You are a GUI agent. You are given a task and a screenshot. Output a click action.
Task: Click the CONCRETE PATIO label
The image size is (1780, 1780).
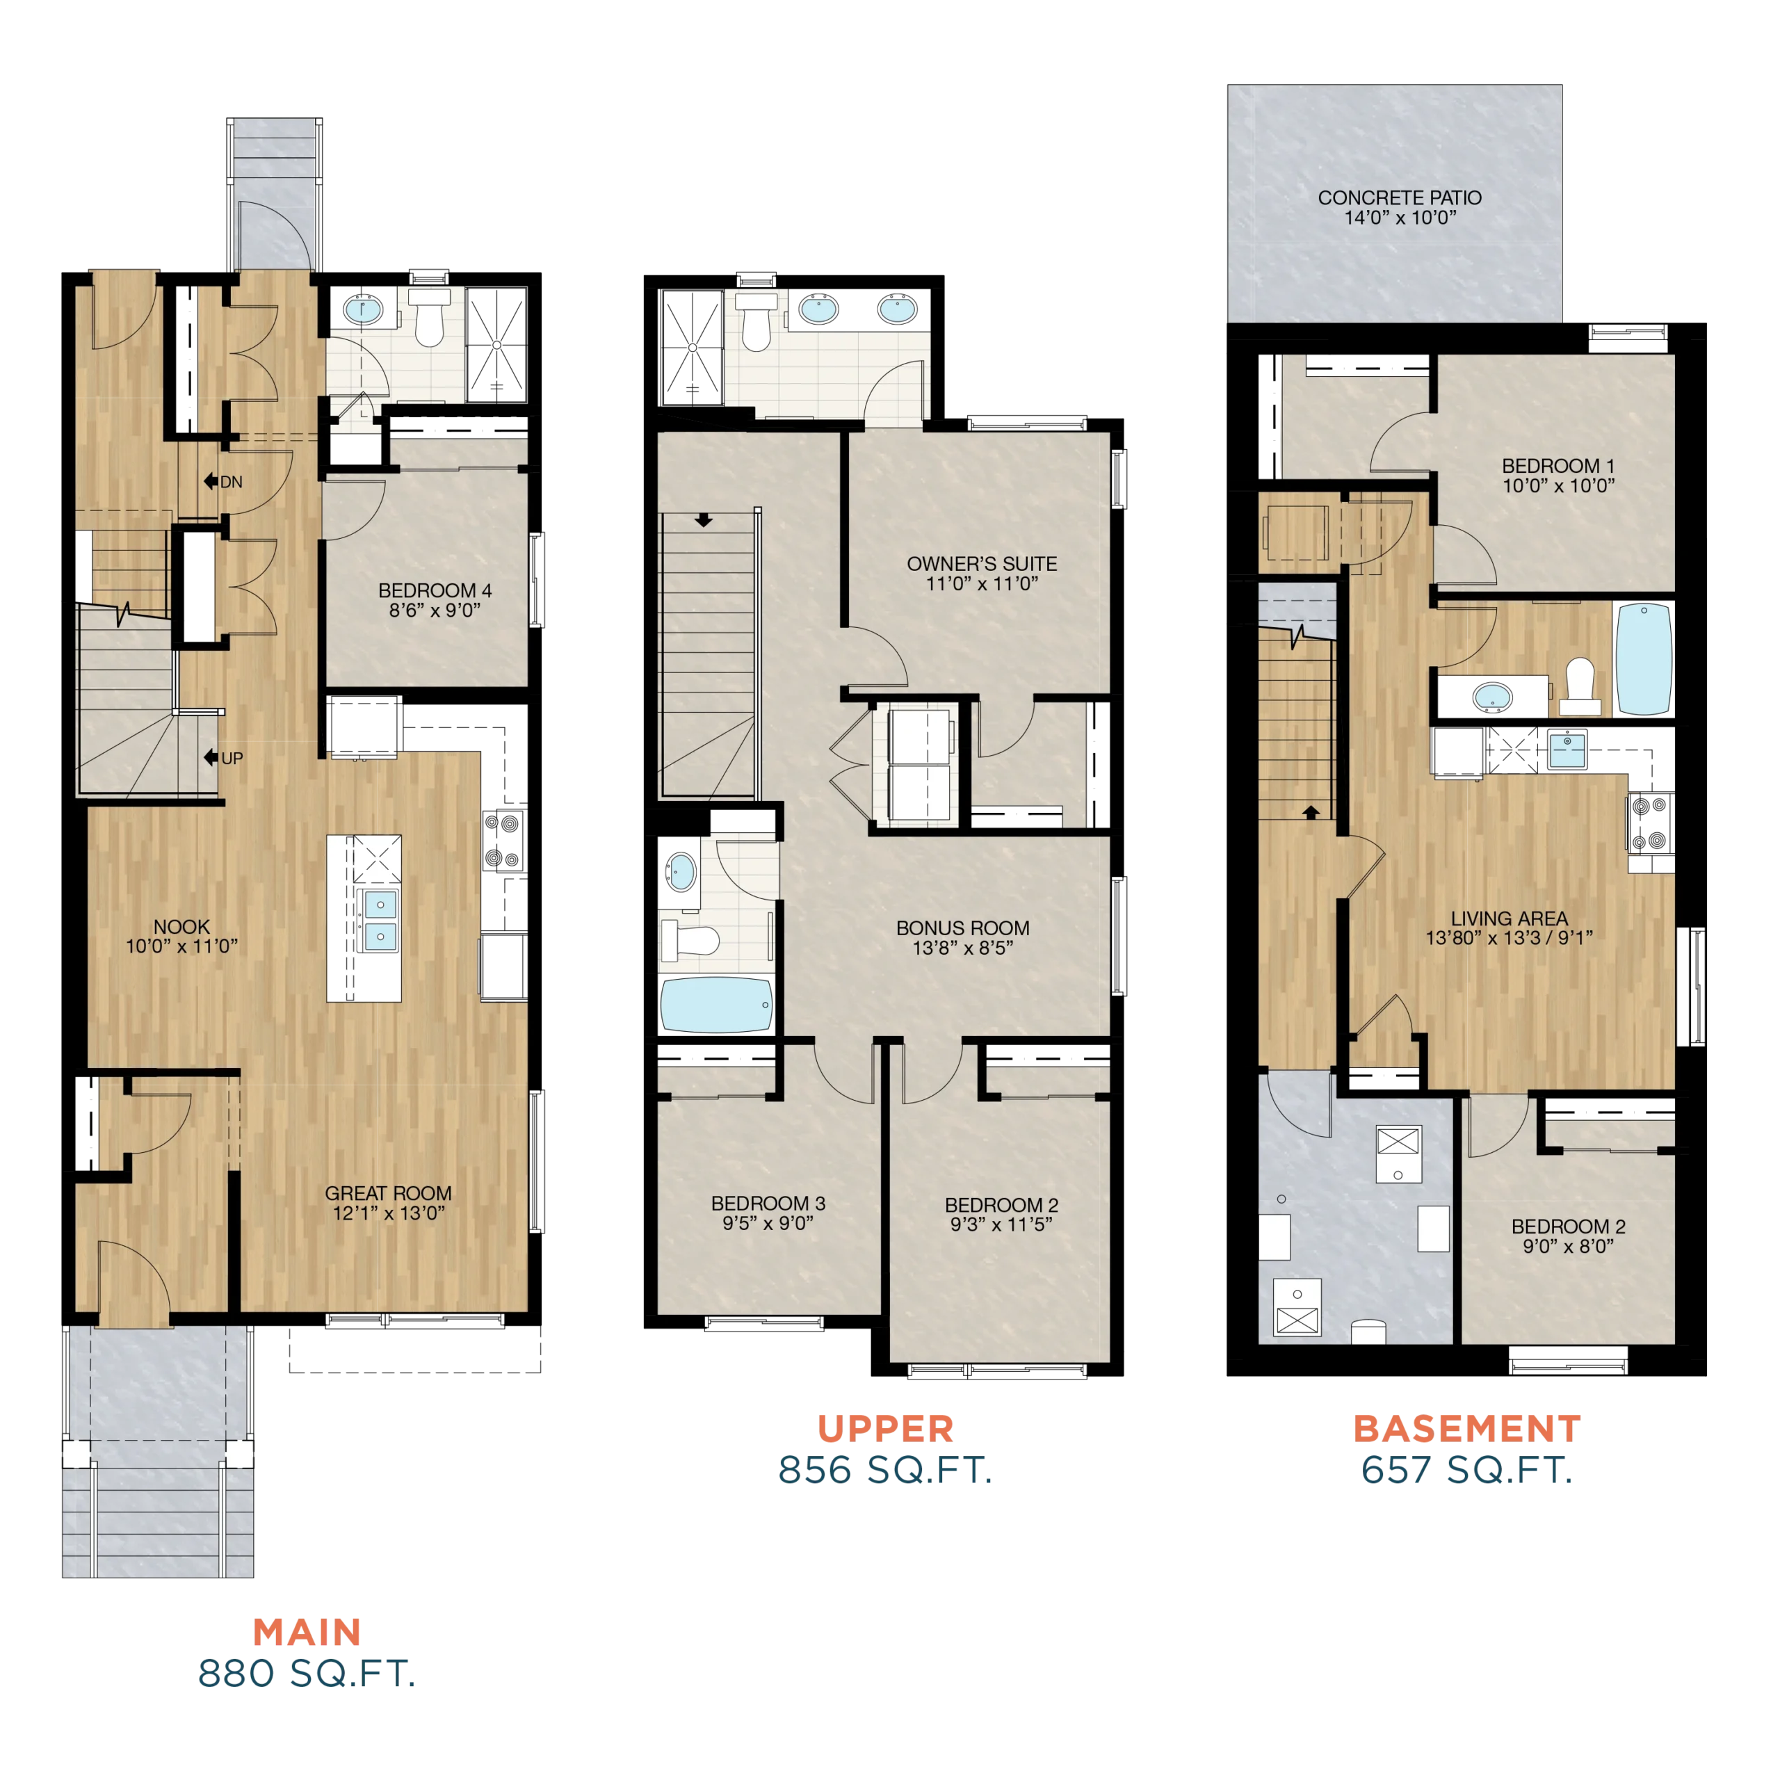coord(1400,198)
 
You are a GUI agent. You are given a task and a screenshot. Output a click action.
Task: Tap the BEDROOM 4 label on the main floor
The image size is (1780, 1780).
coord(435,590)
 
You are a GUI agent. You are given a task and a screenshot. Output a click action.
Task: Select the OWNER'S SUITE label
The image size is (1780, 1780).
coord(982,564)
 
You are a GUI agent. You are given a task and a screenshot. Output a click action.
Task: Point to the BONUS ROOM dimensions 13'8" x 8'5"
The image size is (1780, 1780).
coord(963,948)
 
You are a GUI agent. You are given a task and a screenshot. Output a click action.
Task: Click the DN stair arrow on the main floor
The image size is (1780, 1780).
coord(211,481)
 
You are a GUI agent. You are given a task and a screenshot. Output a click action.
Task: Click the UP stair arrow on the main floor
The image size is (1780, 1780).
coord(211,757)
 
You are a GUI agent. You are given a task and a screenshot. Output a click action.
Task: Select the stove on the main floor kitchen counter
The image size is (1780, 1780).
coord(504,840)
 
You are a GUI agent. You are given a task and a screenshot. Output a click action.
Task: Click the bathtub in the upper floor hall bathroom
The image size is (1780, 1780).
coord(716,1005)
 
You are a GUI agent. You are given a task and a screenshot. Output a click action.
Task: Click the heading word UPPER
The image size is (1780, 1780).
coord(885,1429)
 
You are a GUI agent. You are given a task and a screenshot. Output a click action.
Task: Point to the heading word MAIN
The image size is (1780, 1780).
coord(307,1633)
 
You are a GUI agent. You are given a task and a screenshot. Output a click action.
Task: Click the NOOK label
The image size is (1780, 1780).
coord(181,927)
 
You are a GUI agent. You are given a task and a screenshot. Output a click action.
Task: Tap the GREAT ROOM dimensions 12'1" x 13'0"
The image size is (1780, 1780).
coord(389,1213)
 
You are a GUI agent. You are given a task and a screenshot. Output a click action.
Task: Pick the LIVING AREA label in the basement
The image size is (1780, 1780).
coord(1509,919)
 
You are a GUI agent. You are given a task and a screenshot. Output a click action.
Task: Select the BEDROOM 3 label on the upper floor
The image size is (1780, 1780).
coord(768,1204)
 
